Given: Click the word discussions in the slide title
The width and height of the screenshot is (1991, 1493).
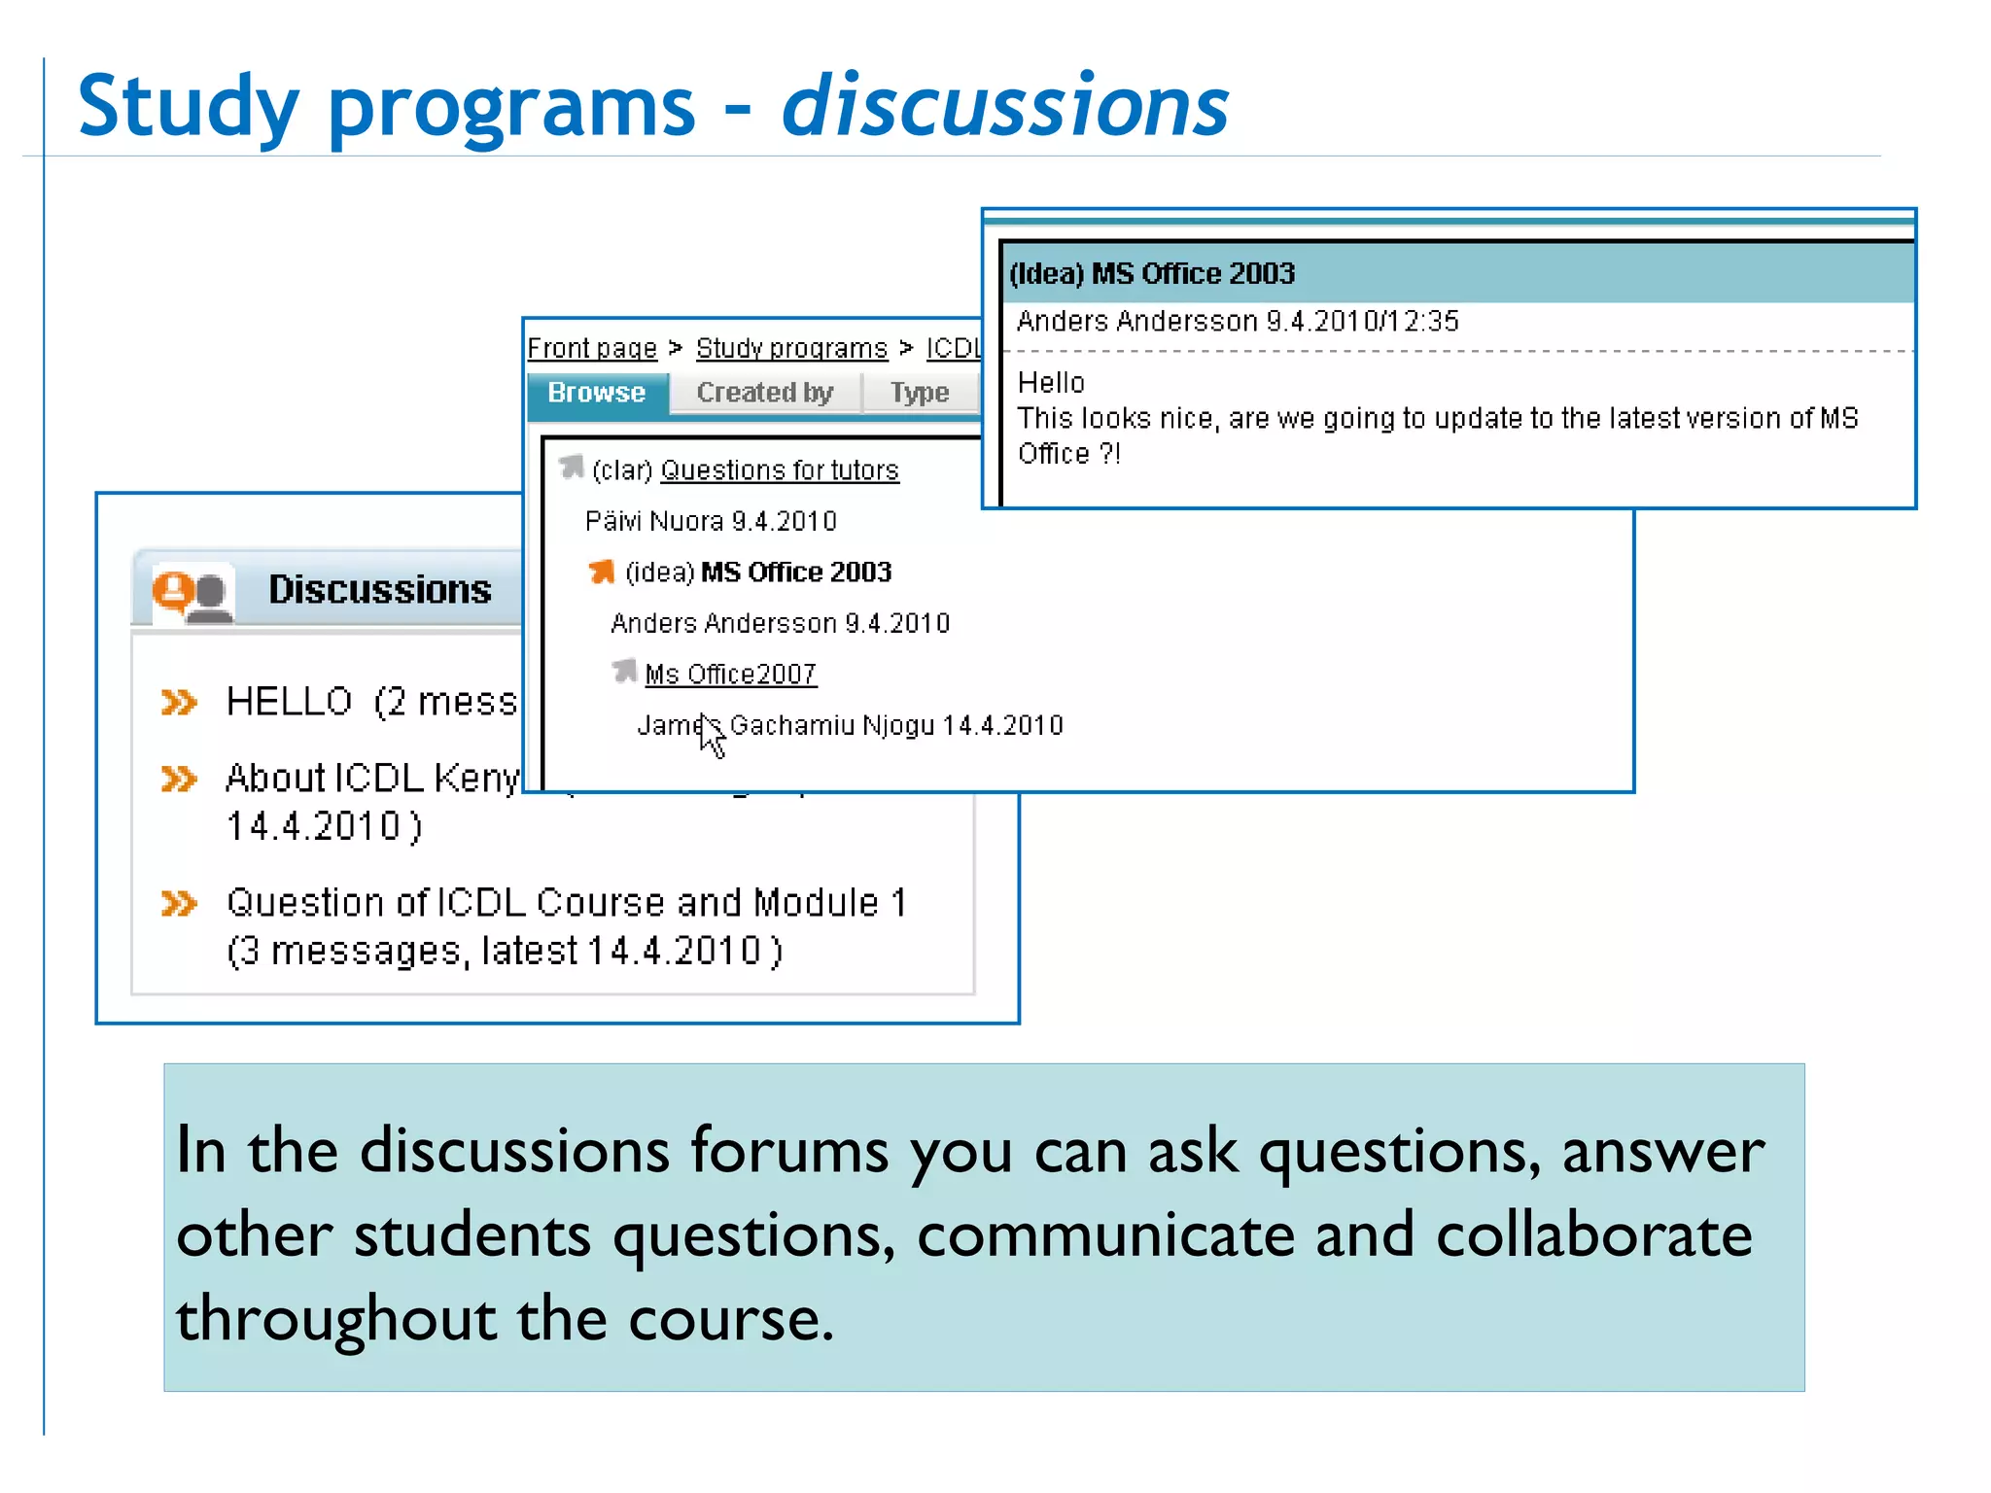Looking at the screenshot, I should (x=1005, y=107).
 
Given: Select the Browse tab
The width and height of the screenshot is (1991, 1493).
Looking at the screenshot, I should (x=596, y=393).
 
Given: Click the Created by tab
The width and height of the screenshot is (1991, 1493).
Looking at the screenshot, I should (x=764, y=393).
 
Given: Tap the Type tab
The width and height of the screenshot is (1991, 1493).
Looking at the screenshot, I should (x=919, y=393).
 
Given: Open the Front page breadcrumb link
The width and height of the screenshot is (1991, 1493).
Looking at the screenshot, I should (x=591, y=348).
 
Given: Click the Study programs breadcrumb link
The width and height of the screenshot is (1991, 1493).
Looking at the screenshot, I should (x=791, y=348).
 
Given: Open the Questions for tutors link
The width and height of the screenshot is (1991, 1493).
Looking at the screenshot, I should (x=779, y=470).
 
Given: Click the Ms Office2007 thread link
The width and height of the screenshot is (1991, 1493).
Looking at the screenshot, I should (x=730, y=674).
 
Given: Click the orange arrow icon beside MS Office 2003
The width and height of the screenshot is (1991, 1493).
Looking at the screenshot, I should (x=602, y=572).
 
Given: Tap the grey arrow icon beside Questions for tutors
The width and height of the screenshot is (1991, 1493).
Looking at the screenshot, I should (x=572, y=468).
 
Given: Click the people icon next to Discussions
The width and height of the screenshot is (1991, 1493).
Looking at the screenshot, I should (x=192, y=592).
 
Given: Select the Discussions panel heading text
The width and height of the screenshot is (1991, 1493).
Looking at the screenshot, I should (x=379, y=590).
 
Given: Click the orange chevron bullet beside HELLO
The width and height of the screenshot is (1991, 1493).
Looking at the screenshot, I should (x=179, y=702).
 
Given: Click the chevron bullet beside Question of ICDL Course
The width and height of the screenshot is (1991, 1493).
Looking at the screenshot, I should (x=179, y=904).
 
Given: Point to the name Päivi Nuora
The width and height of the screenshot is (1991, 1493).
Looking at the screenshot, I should (x=654, y=522).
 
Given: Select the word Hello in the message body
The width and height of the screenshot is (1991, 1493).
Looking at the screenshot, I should (x=1051, y=383).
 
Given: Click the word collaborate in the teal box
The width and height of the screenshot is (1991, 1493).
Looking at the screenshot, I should (x=1593, y=1234).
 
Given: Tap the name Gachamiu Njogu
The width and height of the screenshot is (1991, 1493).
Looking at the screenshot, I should (x=832, y=725).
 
